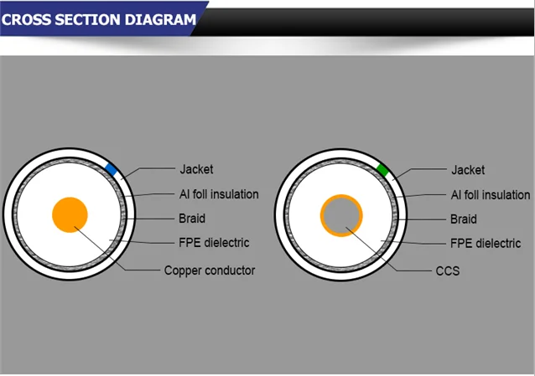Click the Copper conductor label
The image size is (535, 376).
tap(209, 270)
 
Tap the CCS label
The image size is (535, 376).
tap(447, 271)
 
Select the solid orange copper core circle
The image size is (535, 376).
tap(70, 214)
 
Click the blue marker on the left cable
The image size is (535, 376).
tap(111, 169)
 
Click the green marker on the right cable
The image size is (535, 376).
tap(382, 170)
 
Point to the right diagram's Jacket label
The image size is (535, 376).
tap(468, 170)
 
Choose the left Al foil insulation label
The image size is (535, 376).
tap(219, 194)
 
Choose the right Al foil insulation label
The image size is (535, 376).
tap(491, 194)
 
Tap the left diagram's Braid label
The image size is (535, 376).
tap(191, 219)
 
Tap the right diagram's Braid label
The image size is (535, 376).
tap(463, 219)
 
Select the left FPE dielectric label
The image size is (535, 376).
tap(214, 243)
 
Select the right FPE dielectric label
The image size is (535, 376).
tap(486, 243)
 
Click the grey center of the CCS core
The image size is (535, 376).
tap(341, 215)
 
